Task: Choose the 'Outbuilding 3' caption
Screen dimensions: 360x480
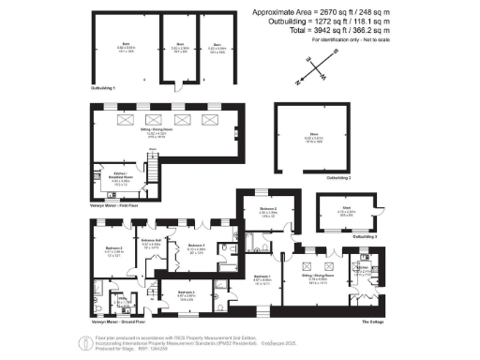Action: coord(366,238)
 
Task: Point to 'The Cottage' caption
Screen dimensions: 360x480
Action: coord(373,321)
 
